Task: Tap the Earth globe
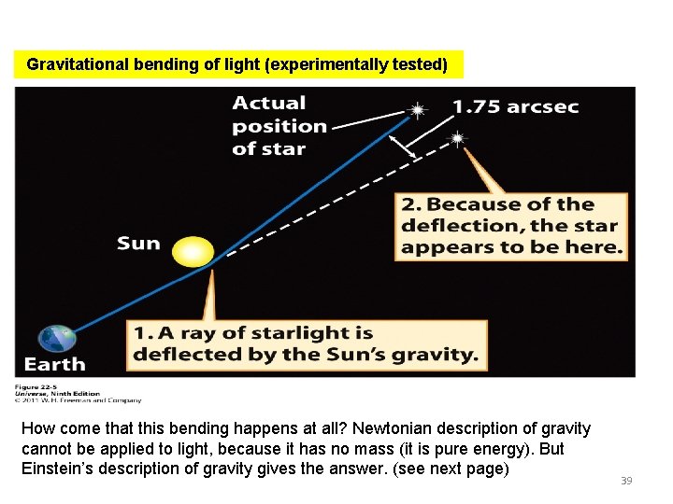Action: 58,339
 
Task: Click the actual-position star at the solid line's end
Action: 417,110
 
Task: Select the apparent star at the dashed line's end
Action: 457,139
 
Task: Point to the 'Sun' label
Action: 138,244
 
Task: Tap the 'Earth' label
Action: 54,364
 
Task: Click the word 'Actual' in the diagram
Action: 269,103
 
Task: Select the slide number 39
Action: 626,480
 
